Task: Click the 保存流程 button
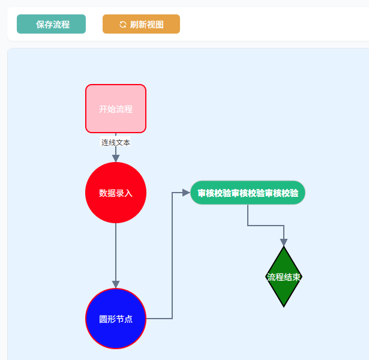52,24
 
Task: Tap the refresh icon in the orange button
123,24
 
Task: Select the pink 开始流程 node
116,96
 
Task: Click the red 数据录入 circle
116,207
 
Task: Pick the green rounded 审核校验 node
248,193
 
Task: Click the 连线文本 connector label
116,142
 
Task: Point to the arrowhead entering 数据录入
116,158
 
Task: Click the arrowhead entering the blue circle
116,284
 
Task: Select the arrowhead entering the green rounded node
186,193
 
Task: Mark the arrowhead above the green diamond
284,242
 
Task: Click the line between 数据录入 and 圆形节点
116,252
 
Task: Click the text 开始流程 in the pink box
116,109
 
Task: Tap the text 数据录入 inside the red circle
116,193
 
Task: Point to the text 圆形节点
116,319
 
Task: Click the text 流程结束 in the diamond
284,277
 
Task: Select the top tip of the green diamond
284,248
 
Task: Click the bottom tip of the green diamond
284,305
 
